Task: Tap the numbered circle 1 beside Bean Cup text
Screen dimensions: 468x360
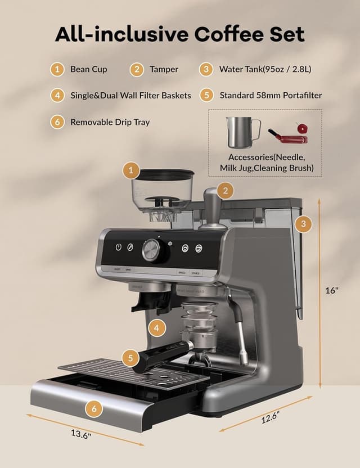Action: click(57, 70)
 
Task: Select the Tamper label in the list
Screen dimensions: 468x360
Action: click(164, 70)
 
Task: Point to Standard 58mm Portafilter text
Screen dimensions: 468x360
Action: click(271, 95)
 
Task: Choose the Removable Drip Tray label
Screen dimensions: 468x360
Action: click(110, 121)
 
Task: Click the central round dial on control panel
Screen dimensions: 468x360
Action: click(152, 250)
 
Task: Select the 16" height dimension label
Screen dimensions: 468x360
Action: click(332, 291)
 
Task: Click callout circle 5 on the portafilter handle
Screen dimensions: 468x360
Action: click(130, 357)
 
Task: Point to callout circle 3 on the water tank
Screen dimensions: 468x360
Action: click(303, 224)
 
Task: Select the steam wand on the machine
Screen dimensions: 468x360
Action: click(240, 332)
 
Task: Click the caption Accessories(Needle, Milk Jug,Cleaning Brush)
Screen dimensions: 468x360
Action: click(267, 163)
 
